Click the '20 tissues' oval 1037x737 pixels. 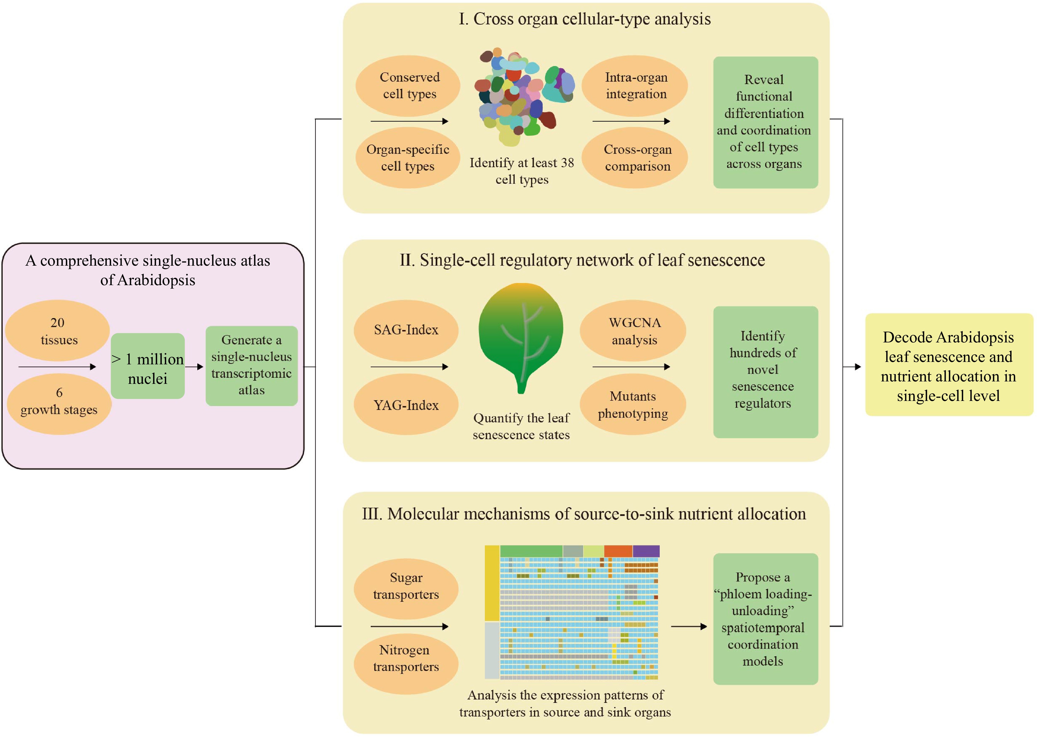[x=58, y=330]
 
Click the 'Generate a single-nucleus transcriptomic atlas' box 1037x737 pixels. [x=251, y=365]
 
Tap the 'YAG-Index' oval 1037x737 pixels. [x=406, y=404]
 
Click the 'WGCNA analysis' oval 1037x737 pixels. [x=633, y=330]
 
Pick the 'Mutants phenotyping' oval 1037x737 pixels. [x=633, y=404]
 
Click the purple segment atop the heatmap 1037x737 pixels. [x=646, y=551]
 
